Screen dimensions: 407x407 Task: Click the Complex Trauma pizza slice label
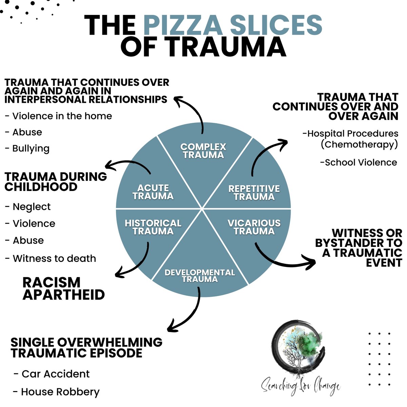click(x=203, y=151)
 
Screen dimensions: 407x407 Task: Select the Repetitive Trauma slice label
click(x=254, y=193)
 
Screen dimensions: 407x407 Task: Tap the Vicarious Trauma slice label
click(x=254, y=227)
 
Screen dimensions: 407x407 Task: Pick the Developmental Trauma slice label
click(x=199, y=276)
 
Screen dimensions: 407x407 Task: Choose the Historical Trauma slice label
click(x=153, y=227)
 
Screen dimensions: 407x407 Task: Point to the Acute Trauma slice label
click(x=153, y=192)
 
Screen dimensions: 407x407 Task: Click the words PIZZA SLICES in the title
click(x=233, y=25)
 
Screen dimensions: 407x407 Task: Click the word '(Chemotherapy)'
click(x=359, y=144)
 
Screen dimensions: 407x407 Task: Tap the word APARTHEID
click(x=63, y=294)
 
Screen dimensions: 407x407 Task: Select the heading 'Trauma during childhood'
click(x=56, y=181)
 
